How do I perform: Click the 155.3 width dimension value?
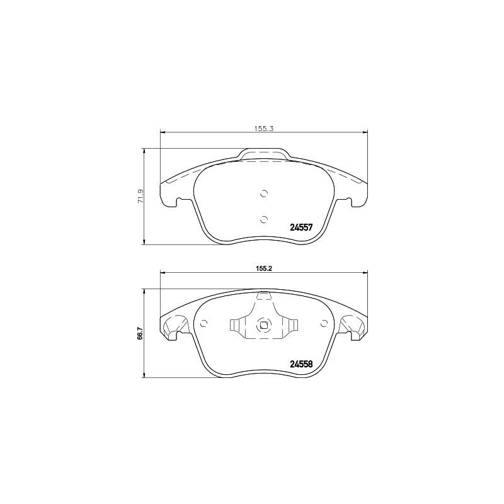click(x=263, y=128)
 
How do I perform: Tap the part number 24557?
click(x=301, y=228)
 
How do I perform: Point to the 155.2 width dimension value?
click(x=263, y=268)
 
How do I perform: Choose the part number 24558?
click(x=301, y=363)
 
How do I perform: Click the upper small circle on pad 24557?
click(x=264, y=193)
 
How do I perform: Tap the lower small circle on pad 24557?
click(x=264, y=219)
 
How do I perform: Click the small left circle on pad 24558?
click(x=203, y=324)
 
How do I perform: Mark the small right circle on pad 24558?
click(x=324, y=324)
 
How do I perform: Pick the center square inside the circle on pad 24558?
click(x=264, y=325)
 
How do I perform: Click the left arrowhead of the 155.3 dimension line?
click(x=163, y=132)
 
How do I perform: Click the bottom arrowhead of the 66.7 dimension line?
click(x=146, y=376)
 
